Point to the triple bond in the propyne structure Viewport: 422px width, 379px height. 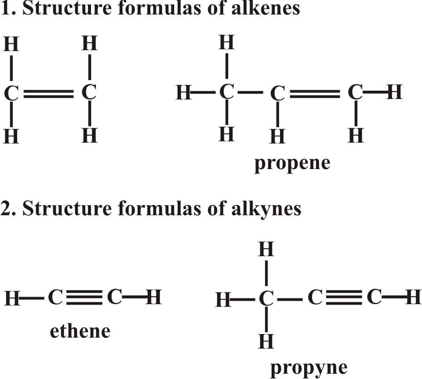point(344,298)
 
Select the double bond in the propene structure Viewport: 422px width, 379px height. point(315,93)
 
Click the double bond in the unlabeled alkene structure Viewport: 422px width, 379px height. point(49,93)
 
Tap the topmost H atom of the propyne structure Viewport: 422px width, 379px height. point(266,249)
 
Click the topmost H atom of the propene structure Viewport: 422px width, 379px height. point(227,42)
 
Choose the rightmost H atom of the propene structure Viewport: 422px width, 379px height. point(394,92)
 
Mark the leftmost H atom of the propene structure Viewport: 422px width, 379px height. point(184,92)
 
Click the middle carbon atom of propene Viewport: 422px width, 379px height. point(277,93)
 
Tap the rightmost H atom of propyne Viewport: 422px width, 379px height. point(414,297)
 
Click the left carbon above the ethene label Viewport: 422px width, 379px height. point(55,297)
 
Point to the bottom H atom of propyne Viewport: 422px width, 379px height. point(266,341)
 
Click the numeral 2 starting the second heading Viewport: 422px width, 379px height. point(5,208)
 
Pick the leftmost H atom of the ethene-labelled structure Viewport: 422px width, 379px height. point(12,298)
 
